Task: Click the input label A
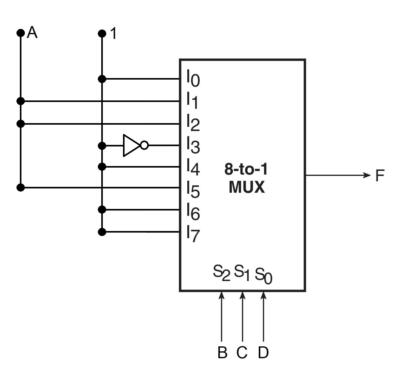(x=32, y=33)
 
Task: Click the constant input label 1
(x=114, y=34)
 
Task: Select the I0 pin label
(x=193, y=79)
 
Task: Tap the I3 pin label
(x=193, y=145)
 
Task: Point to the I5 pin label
(x=193, y=189)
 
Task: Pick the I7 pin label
(x=193, y=234)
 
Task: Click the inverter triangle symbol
(x=130, y=146)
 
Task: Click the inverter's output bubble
(x=144, y=145)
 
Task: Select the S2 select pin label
(x=221, y=272)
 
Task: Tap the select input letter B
(x=222, y=353)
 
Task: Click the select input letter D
(x=263, y=353)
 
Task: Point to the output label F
(x=380, y=176)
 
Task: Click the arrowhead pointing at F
(x=367, y=175)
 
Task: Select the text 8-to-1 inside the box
(x=246, y=170)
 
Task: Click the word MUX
(x=247, y=187)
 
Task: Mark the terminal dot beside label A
(x=20, y=33)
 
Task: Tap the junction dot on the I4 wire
(x=102, y=167)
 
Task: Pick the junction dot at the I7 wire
(x=102, y=232)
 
